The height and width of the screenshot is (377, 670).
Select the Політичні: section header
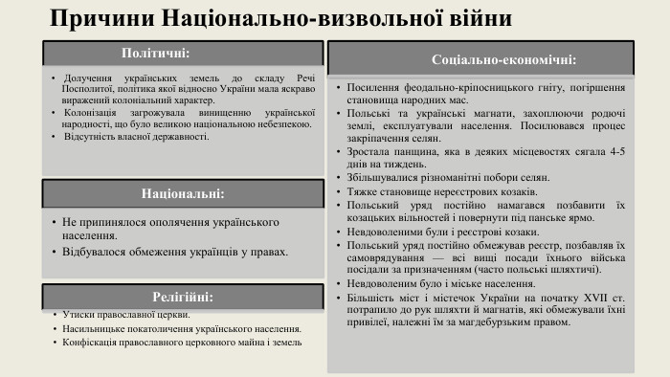(x=156, y=53)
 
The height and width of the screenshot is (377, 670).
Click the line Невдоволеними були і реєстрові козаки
(x=447, y=232)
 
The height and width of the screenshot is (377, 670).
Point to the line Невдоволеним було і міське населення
(x=447, y=285)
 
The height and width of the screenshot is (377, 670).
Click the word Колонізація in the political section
(x=91, y=113)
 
